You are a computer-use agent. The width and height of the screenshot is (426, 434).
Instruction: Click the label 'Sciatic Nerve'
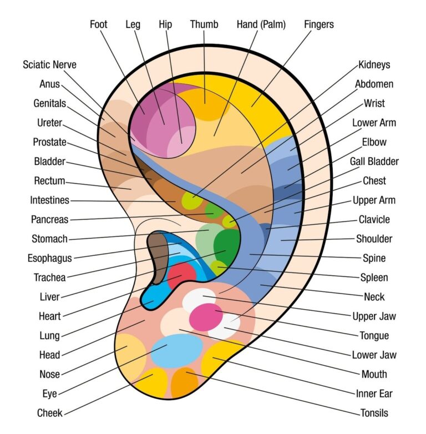click(49, 64)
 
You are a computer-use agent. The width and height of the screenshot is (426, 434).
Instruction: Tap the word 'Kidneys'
click(374, 64)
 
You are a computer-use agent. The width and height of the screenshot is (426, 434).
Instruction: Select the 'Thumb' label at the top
click(204, 24)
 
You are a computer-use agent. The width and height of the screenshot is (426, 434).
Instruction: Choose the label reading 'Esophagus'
click(49, 258)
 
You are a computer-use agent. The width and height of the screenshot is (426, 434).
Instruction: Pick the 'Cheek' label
click(50, 413)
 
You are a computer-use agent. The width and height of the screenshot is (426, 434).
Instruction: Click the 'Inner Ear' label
click(374, 393)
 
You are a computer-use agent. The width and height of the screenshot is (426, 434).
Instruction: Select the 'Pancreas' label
click(50, 219)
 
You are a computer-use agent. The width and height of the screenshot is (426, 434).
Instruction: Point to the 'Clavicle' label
click(374, 219)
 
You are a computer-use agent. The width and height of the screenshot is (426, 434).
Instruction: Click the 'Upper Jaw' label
click(374, 316)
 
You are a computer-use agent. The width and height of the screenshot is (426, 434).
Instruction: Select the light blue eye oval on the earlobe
click(177, 350)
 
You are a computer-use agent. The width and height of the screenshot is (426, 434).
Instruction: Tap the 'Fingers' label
click(319, 24)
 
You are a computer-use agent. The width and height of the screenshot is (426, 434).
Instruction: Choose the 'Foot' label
click(98, 24)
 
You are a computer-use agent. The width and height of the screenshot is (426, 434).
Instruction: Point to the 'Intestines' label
click(50, 200)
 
